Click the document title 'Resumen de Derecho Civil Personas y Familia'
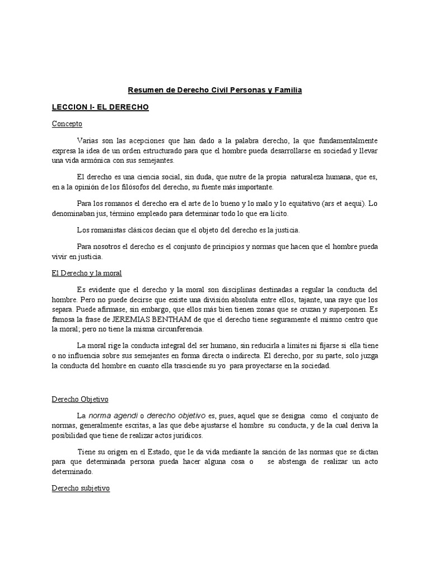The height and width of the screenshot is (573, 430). (215, 90)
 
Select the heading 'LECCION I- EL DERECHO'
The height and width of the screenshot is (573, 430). (100, 107)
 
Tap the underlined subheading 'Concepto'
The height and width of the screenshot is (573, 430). (67, 124)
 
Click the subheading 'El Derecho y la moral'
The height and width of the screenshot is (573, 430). (87, 273)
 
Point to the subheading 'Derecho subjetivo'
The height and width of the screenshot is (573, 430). (81, 488)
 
